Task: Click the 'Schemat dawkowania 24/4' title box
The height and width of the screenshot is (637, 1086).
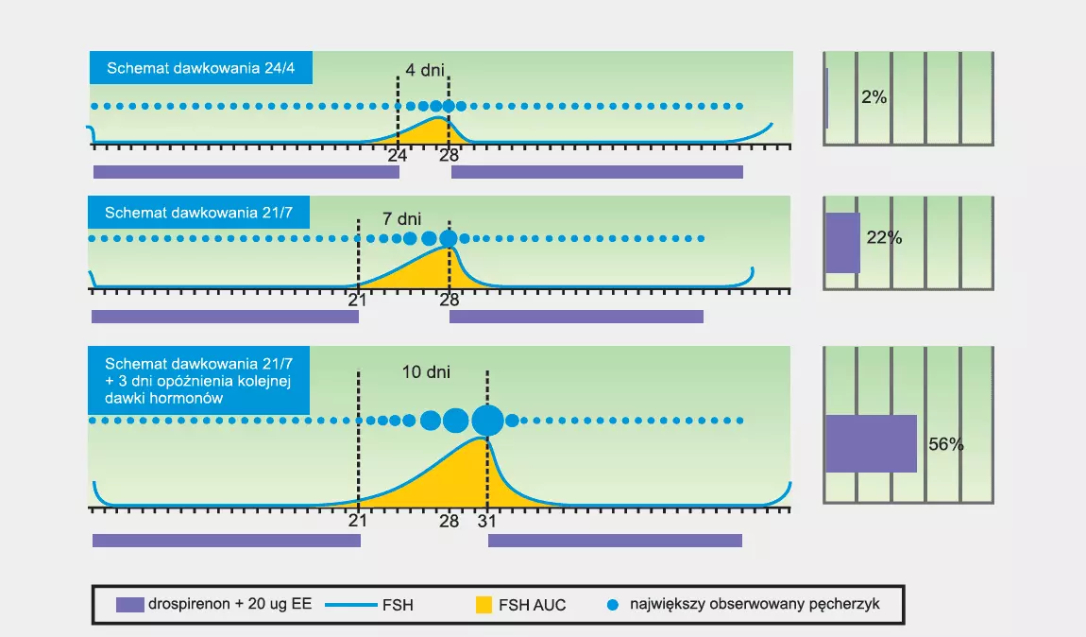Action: (x=201, y=67)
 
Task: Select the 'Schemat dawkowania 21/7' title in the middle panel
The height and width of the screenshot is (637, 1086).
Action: (x=198, y=212)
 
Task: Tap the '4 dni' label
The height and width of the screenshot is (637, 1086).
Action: (x=425, y=70)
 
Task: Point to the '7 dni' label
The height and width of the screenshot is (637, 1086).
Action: (x=401, y=219)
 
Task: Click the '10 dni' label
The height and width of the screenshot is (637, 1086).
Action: (x=426, y=372)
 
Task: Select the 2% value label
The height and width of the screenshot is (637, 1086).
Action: (x=874, y=97)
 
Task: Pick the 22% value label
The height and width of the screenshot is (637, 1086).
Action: (x=884, y=238)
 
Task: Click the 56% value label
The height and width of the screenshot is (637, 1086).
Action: (x=946, y=444)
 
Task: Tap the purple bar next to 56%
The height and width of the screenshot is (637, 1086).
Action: (x=872, y=443)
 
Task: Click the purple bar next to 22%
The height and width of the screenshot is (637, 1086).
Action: (x=843, y=243)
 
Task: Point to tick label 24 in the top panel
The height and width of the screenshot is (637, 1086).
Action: (x=397, y=155)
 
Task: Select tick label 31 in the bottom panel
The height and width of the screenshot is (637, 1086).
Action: (x=487, y=522)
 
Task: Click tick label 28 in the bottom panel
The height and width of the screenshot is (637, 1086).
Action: (x=449, y=522)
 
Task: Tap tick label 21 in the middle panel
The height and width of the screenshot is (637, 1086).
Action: (x=357, y=301)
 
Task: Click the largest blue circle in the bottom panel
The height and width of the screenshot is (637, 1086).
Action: (x=487, y=420)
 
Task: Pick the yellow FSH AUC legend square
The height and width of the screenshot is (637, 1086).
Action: (x=484, y=605)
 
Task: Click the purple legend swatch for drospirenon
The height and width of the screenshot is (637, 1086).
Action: (x=130, y=605)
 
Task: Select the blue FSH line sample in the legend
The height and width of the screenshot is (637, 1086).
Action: (x=351, y=605)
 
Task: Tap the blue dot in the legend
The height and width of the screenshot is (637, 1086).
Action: (x=612, y=605)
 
